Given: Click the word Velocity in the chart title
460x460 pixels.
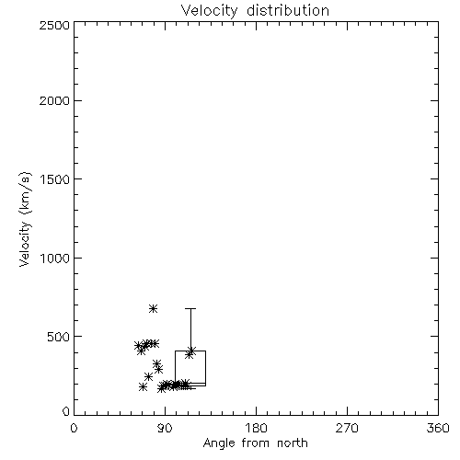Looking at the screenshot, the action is click(209, 11).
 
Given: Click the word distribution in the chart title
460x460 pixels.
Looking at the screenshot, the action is click(288, 10).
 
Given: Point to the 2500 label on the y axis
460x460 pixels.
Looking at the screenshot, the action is click(54, 25).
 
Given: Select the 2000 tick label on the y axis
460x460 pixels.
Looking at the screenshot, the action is click(54, 100).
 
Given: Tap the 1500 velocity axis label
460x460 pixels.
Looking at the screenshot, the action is click(55, 179).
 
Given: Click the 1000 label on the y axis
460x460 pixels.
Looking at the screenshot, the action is click(55, 259).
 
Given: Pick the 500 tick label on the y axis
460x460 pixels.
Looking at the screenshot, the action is click(59, 337).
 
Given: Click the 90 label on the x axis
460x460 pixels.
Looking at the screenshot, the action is click(165, 428).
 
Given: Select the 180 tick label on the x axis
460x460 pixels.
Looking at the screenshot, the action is click(256, 428).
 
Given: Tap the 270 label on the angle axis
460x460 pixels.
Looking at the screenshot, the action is click(347, 428).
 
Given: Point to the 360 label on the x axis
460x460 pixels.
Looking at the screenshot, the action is click(438, 428).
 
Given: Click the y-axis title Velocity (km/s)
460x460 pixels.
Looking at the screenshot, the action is click(25, 219).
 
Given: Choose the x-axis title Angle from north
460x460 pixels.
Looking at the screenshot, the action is click(256, 443).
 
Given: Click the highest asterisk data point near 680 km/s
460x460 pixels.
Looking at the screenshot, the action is click(154, 308).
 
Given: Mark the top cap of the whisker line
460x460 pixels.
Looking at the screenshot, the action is click(190, 308).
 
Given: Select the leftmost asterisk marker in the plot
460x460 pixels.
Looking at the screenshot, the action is click(139, 345).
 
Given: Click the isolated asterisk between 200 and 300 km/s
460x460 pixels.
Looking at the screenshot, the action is click(148, 376).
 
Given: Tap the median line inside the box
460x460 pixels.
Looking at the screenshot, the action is click(190, 384).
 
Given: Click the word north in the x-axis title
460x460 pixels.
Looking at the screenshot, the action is click(293, 443).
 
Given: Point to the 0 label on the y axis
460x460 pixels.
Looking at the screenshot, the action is click(66, 411).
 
